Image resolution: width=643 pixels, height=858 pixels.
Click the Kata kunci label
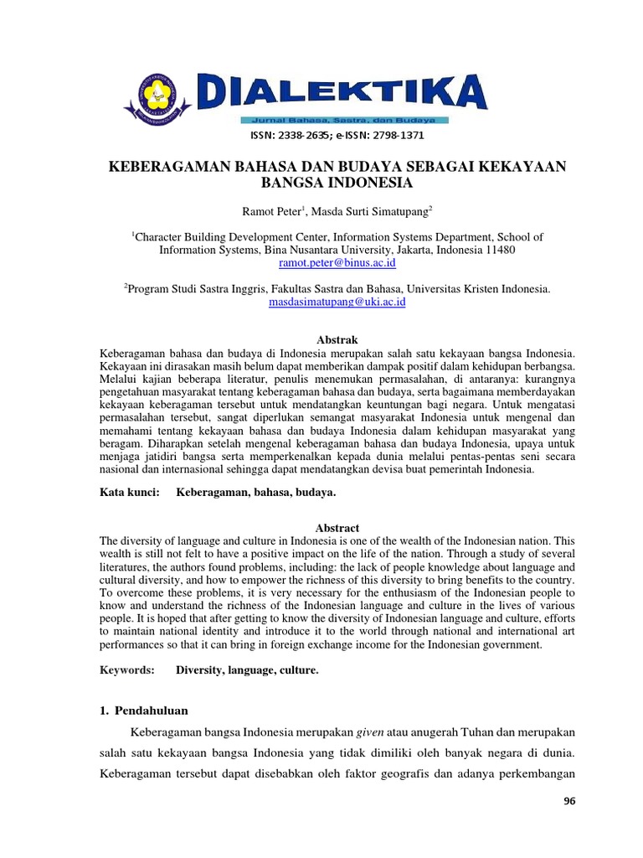click(129, 494)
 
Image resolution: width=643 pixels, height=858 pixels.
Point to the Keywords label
click(126, 670)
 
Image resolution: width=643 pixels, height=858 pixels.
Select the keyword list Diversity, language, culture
click(247, 670)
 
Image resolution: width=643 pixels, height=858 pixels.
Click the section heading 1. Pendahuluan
click(144, 711)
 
